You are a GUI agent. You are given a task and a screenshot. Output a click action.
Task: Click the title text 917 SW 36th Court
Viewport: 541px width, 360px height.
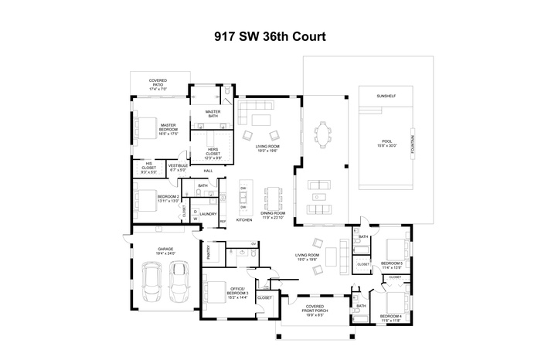click(x=270, y=36)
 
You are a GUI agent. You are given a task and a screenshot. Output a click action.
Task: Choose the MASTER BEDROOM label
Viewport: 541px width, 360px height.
click(x=168, y=128)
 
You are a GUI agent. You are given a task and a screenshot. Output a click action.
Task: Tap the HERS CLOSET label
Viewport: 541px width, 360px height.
click(x=211, y=155)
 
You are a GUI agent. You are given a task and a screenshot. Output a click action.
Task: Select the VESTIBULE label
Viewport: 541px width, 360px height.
click(x=179, y=167)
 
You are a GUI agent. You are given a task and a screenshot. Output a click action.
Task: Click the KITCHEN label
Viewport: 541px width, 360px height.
click(x=243, y=220)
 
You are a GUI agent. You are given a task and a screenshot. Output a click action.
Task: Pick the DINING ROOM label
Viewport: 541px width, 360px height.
click(x=272, y=216)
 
